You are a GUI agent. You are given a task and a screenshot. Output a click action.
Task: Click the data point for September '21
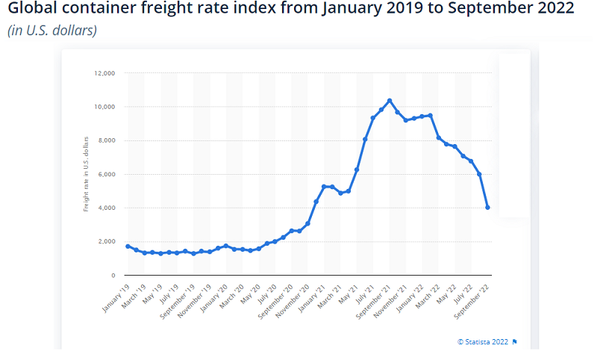click(x=390, y=100)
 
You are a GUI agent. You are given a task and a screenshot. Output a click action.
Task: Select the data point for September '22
click(x=487, y=208)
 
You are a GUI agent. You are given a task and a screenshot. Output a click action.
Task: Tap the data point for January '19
click(x=128, y=246)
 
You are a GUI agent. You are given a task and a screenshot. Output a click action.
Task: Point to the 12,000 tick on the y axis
click(x=104, y=73)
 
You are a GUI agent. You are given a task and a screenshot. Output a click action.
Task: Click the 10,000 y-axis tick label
click(x=104, y=107)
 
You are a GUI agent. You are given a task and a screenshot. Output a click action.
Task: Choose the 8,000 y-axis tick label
click(x=105, y=140)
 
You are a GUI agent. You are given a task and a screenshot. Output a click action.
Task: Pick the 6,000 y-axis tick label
click(x=105, y=174)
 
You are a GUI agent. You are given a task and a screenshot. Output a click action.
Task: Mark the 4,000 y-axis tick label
click(x=105, y=208)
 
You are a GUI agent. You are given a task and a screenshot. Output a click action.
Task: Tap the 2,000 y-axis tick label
click(x=105, y=241)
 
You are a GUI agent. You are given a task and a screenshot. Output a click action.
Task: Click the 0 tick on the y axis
click(x=113, y=275)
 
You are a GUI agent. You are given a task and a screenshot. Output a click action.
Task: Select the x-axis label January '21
click(x=311, y=296)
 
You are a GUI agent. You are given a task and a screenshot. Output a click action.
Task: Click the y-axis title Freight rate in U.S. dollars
click(x=86, y=173)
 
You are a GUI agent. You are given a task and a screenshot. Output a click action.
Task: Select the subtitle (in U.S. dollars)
click(x=52, y=31)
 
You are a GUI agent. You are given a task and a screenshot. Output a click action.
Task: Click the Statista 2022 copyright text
click(x=483, y=341)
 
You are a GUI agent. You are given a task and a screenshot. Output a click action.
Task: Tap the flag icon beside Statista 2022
click(x=515, y=341)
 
